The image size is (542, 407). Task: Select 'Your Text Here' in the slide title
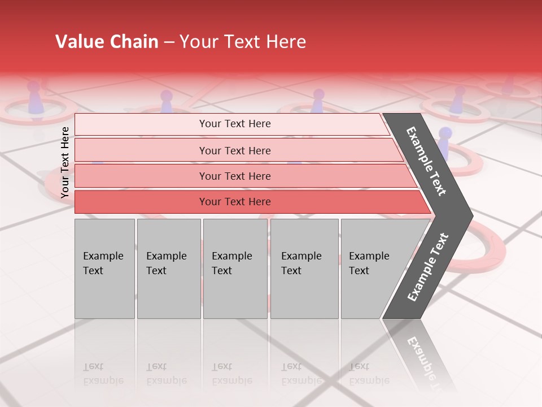point(243,42)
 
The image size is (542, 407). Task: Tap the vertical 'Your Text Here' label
point(65,162)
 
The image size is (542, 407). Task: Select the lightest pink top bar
point(234,124)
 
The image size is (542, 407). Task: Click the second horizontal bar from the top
point(234,150)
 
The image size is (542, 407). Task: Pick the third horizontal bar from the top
point(234,176)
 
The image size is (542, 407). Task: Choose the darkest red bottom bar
point(234,202)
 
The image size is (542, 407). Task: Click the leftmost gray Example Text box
point(104,269)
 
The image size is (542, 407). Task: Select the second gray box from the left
point(168,269)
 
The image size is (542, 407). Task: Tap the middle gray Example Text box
point(235,269)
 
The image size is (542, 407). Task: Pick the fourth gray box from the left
point(304,269)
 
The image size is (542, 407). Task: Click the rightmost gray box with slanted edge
point(373,269)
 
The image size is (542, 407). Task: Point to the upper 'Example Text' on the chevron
point(426,161)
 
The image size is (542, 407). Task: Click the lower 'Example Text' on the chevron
point(427,267)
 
